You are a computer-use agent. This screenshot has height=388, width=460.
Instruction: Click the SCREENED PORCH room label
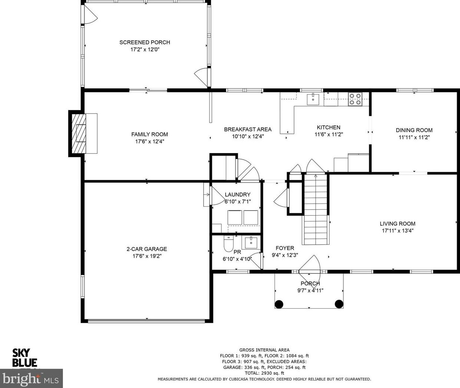(145, 42)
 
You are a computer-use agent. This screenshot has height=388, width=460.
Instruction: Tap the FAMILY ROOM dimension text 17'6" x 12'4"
(150, 141)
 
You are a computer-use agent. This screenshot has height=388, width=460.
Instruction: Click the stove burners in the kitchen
(355, 99)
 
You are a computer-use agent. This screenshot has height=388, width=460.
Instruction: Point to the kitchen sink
(313, 99)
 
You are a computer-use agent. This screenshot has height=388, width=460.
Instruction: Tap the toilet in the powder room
(229, 244)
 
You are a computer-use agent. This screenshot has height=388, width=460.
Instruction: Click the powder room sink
(251, 243)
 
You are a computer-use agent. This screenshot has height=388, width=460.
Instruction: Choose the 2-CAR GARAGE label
(147, 249)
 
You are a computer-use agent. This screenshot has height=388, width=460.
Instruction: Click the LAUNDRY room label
(237, 194)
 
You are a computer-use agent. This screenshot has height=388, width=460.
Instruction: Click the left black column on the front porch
(279, 304)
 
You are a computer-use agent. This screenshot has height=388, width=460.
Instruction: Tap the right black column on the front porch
(339, 304)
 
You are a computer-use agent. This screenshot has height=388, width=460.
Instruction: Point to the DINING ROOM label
(414, 130)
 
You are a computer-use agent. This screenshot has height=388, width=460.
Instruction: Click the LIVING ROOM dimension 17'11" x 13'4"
(398, 231)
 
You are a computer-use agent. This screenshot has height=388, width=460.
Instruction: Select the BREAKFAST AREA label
(248, 129)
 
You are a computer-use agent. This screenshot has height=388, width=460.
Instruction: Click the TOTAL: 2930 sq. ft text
(264, 373)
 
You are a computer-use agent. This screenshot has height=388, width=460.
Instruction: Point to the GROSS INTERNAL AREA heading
(264, 350)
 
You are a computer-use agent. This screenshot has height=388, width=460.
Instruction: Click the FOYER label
(285, 248)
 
